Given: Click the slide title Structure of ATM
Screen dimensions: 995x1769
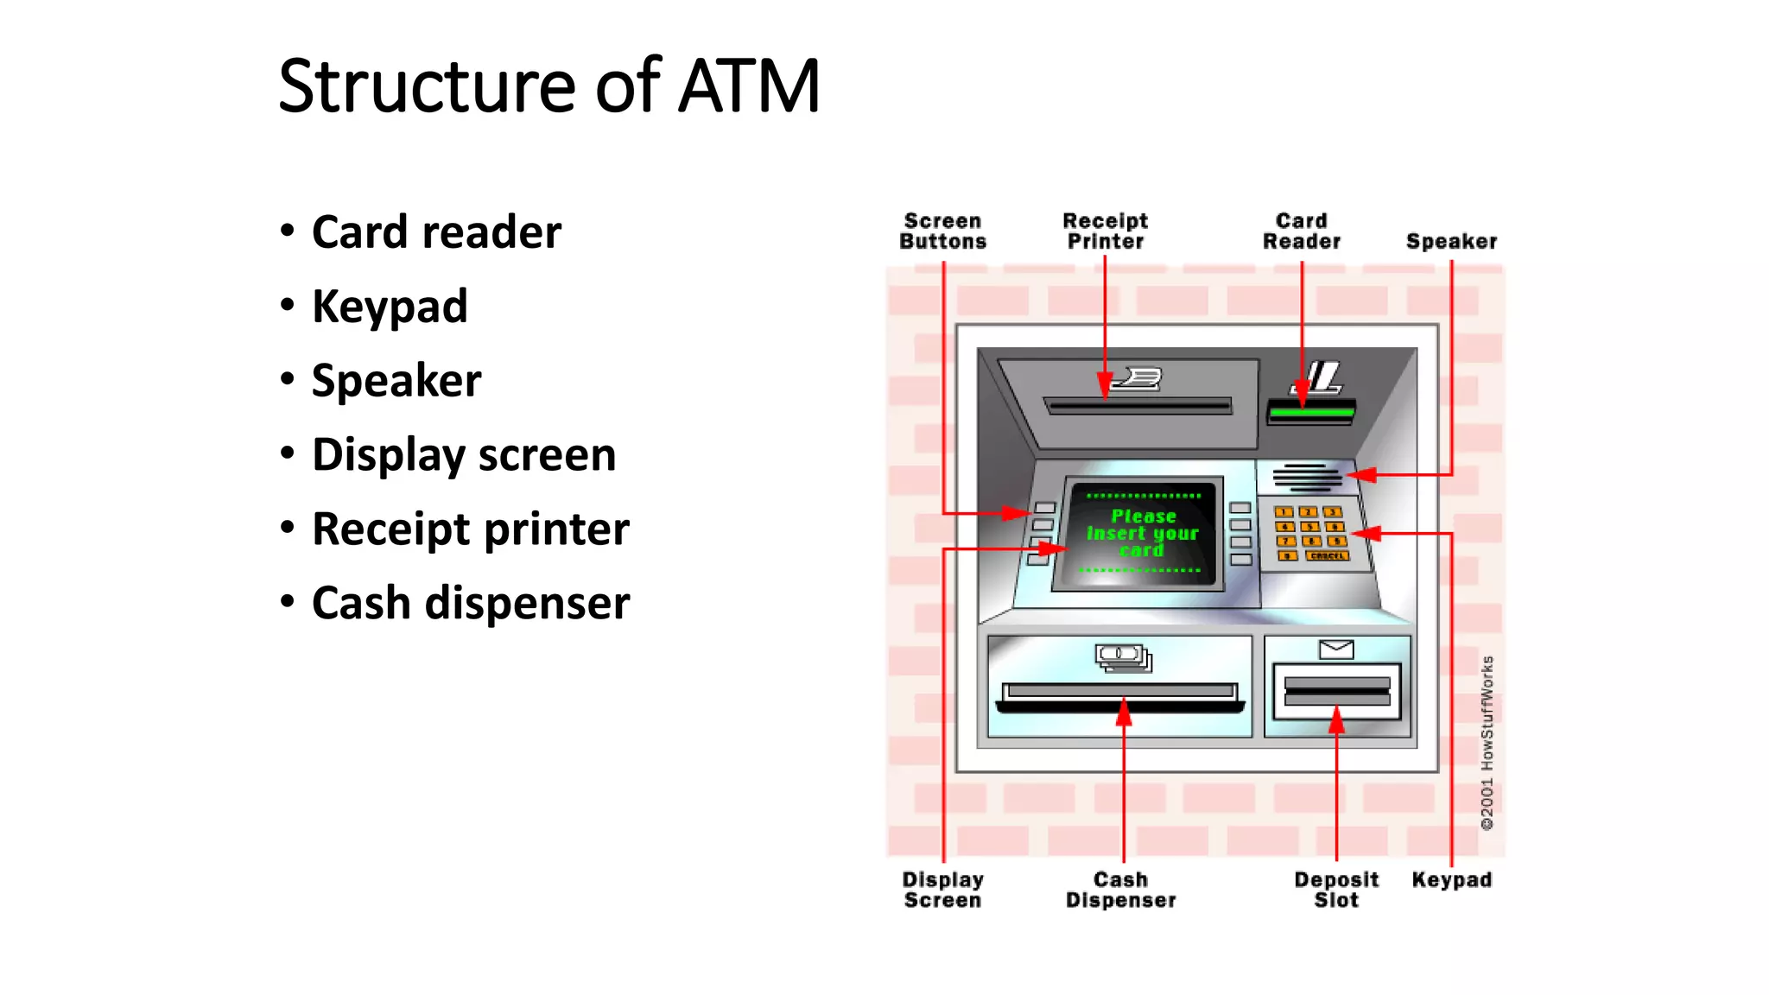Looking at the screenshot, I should point(548,86).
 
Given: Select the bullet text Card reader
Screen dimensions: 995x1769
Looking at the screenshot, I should point(436,232).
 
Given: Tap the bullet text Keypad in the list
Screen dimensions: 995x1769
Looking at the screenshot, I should point(390,307).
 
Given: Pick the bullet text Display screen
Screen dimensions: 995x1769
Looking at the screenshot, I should point(464,455).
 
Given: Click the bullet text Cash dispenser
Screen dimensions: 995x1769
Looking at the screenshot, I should point(471,603).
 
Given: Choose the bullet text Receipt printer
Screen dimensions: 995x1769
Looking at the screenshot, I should point(471,529).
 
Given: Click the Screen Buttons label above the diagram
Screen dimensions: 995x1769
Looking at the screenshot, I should point(942,231).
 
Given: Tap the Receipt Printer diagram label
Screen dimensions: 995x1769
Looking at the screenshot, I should point(1105,231).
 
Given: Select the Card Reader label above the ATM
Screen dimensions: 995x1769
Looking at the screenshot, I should point(1302,231).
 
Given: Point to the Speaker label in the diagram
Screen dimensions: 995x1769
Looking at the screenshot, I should point(1451,241).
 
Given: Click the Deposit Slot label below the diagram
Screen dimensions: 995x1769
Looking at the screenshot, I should point(1336,890).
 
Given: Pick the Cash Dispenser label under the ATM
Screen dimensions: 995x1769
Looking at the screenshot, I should point(1120,890).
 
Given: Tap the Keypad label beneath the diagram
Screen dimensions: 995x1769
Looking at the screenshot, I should point(1451,879).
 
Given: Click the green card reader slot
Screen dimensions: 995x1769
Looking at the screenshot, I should point(1310,413).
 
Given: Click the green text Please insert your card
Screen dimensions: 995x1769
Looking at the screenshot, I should point(1142,533).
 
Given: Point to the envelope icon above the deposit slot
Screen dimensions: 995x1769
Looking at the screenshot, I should point(1336,650).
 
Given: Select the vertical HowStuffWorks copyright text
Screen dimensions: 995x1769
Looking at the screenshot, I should point(1487,743).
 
